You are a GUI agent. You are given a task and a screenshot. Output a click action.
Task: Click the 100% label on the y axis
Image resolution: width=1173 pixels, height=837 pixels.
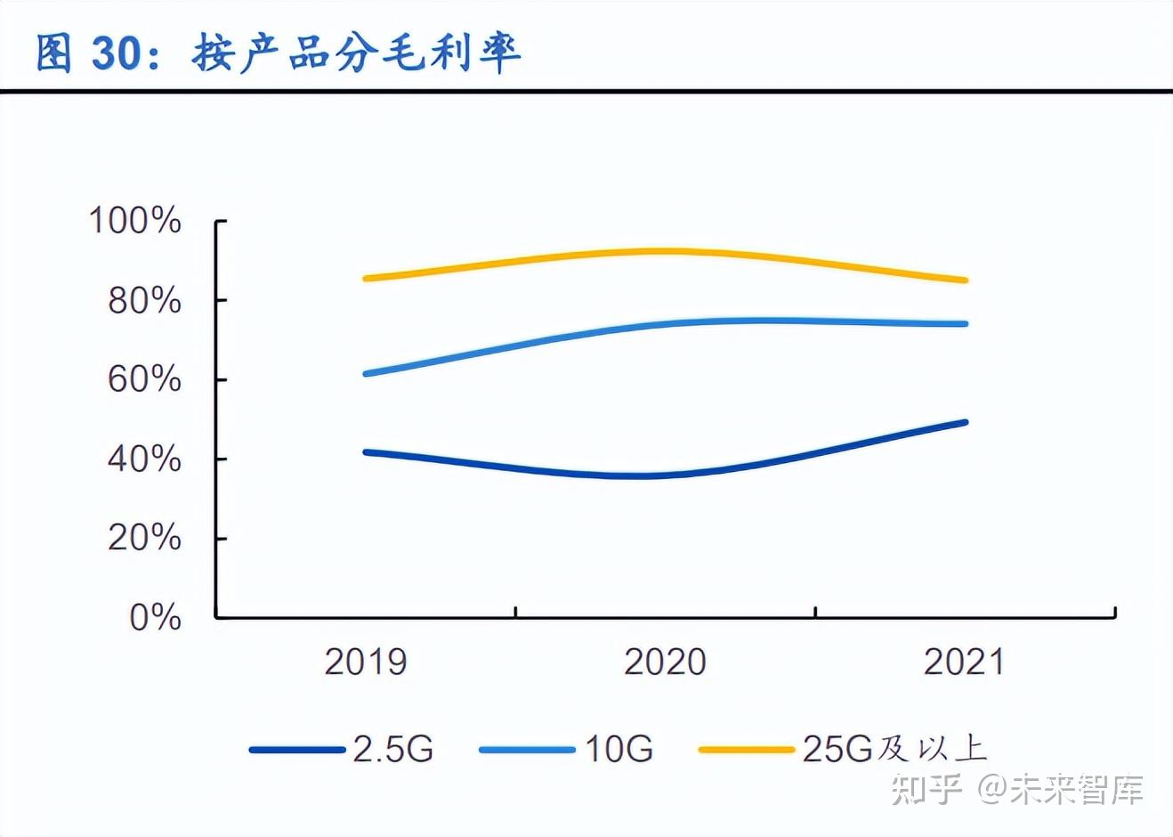tap(135, 221)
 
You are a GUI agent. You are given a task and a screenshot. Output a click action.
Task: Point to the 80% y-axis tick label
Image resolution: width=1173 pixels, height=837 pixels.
tap(144, 301)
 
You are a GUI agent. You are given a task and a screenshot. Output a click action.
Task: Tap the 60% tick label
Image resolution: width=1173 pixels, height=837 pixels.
tap(144, 380)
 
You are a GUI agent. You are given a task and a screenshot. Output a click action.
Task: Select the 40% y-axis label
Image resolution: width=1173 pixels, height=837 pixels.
tap(144, 459)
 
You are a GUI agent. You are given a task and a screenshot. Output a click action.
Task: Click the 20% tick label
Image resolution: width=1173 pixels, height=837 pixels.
tap(144, 539)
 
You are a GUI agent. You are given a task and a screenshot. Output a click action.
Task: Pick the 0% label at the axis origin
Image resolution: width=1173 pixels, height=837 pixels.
tap(155, 617)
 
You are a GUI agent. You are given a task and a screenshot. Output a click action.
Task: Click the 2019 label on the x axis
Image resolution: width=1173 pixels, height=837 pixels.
tap(366, 662)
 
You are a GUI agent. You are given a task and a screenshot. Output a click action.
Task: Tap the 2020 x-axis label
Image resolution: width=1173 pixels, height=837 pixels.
tap(665, 662)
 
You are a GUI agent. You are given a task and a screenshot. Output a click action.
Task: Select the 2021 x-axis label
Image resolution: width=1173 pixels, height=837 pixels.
tap(964, 662)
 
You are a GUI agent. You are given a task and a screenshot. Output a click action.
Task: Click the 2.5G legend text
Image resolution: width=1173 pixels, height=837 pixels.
tap(393, 749)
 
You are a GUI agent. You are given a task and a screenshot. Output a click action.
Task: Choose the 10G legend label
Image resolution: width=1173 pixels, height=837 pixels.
tap(619, 749)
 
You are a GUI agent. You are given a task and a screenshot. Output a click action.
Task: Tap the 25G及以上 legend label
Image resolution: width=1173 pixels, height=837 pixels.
tap(894, 749)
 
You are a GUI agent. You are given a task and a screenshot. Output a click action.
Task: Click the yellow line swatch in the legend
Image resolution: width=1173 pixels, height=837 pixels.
tap(746, 750)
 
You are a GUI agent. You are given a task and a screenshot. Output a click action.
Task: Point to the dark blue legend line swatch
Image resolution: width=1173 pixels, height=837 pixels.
tap(297, 750)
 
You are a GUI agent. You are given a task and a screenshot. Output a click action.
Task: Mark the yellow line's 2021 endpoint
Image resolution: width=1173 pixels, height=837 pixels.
tap(965, 280)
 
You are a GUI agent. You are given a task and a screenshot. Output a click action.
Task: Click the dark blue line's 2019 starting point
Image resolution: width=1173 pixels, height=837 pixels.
tap(366, 452)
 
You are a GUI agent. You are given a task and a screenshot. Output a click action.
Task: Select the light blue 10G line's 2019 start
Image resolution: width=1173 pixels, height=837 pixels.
tap(366, 374)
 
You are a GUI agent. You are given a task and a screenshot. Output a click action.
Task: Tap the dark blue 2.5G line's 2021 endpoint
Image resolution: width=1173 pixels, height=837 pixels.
tap(965, 422)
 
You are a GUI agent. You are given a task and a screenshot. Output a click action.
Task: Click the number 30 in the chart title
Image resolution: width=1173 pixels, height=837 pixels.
tap(117, 53)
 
